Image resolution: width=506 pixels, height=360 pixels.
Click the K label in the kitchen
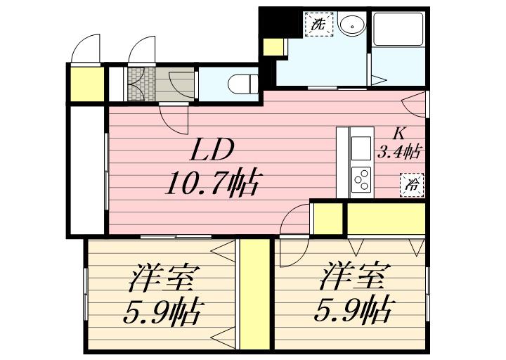coord(399,131)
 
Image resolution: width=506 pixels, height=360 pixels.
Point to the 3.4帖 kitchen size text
coord(400,150)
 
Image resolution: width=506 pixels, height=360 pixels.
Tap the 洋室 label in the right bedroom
coord(353,275)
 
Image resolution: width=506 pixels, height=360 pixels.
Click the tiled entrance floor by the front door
coord(138,82)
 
